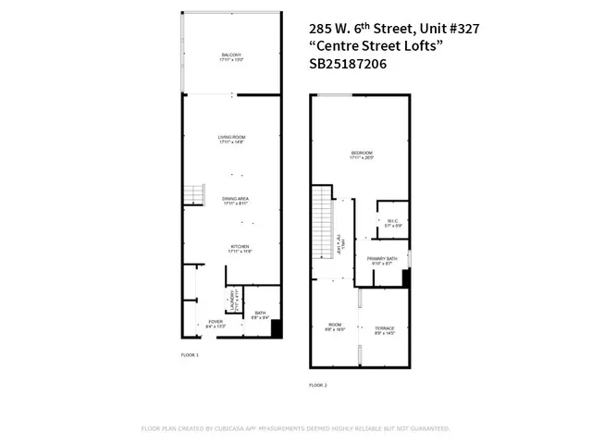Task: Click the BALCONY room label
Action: click(232, 55)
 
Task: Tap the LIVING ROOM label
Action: click(232, 138)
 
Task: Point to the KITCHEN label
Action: click(240, 247)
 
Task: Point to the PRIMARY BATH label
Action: click(381, 259)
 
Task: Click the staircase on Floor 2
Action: click(321, 222)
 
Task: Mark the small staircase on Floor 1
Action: click(192, 194)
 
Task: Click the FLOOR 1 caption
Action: click(190, 354)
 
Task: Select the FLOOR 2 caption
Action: click(317, 385)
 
